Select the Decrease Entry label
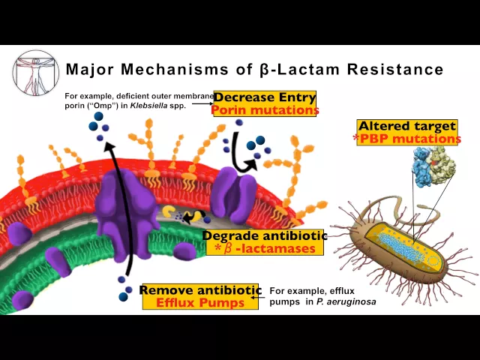[265, 98]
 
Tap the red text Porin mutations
[265, 110]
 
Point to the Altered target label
[407, 126]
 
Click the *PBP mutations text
[407, 139]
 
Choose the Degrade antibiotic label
[265, 235]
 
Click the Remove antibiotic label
[200, 290]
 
